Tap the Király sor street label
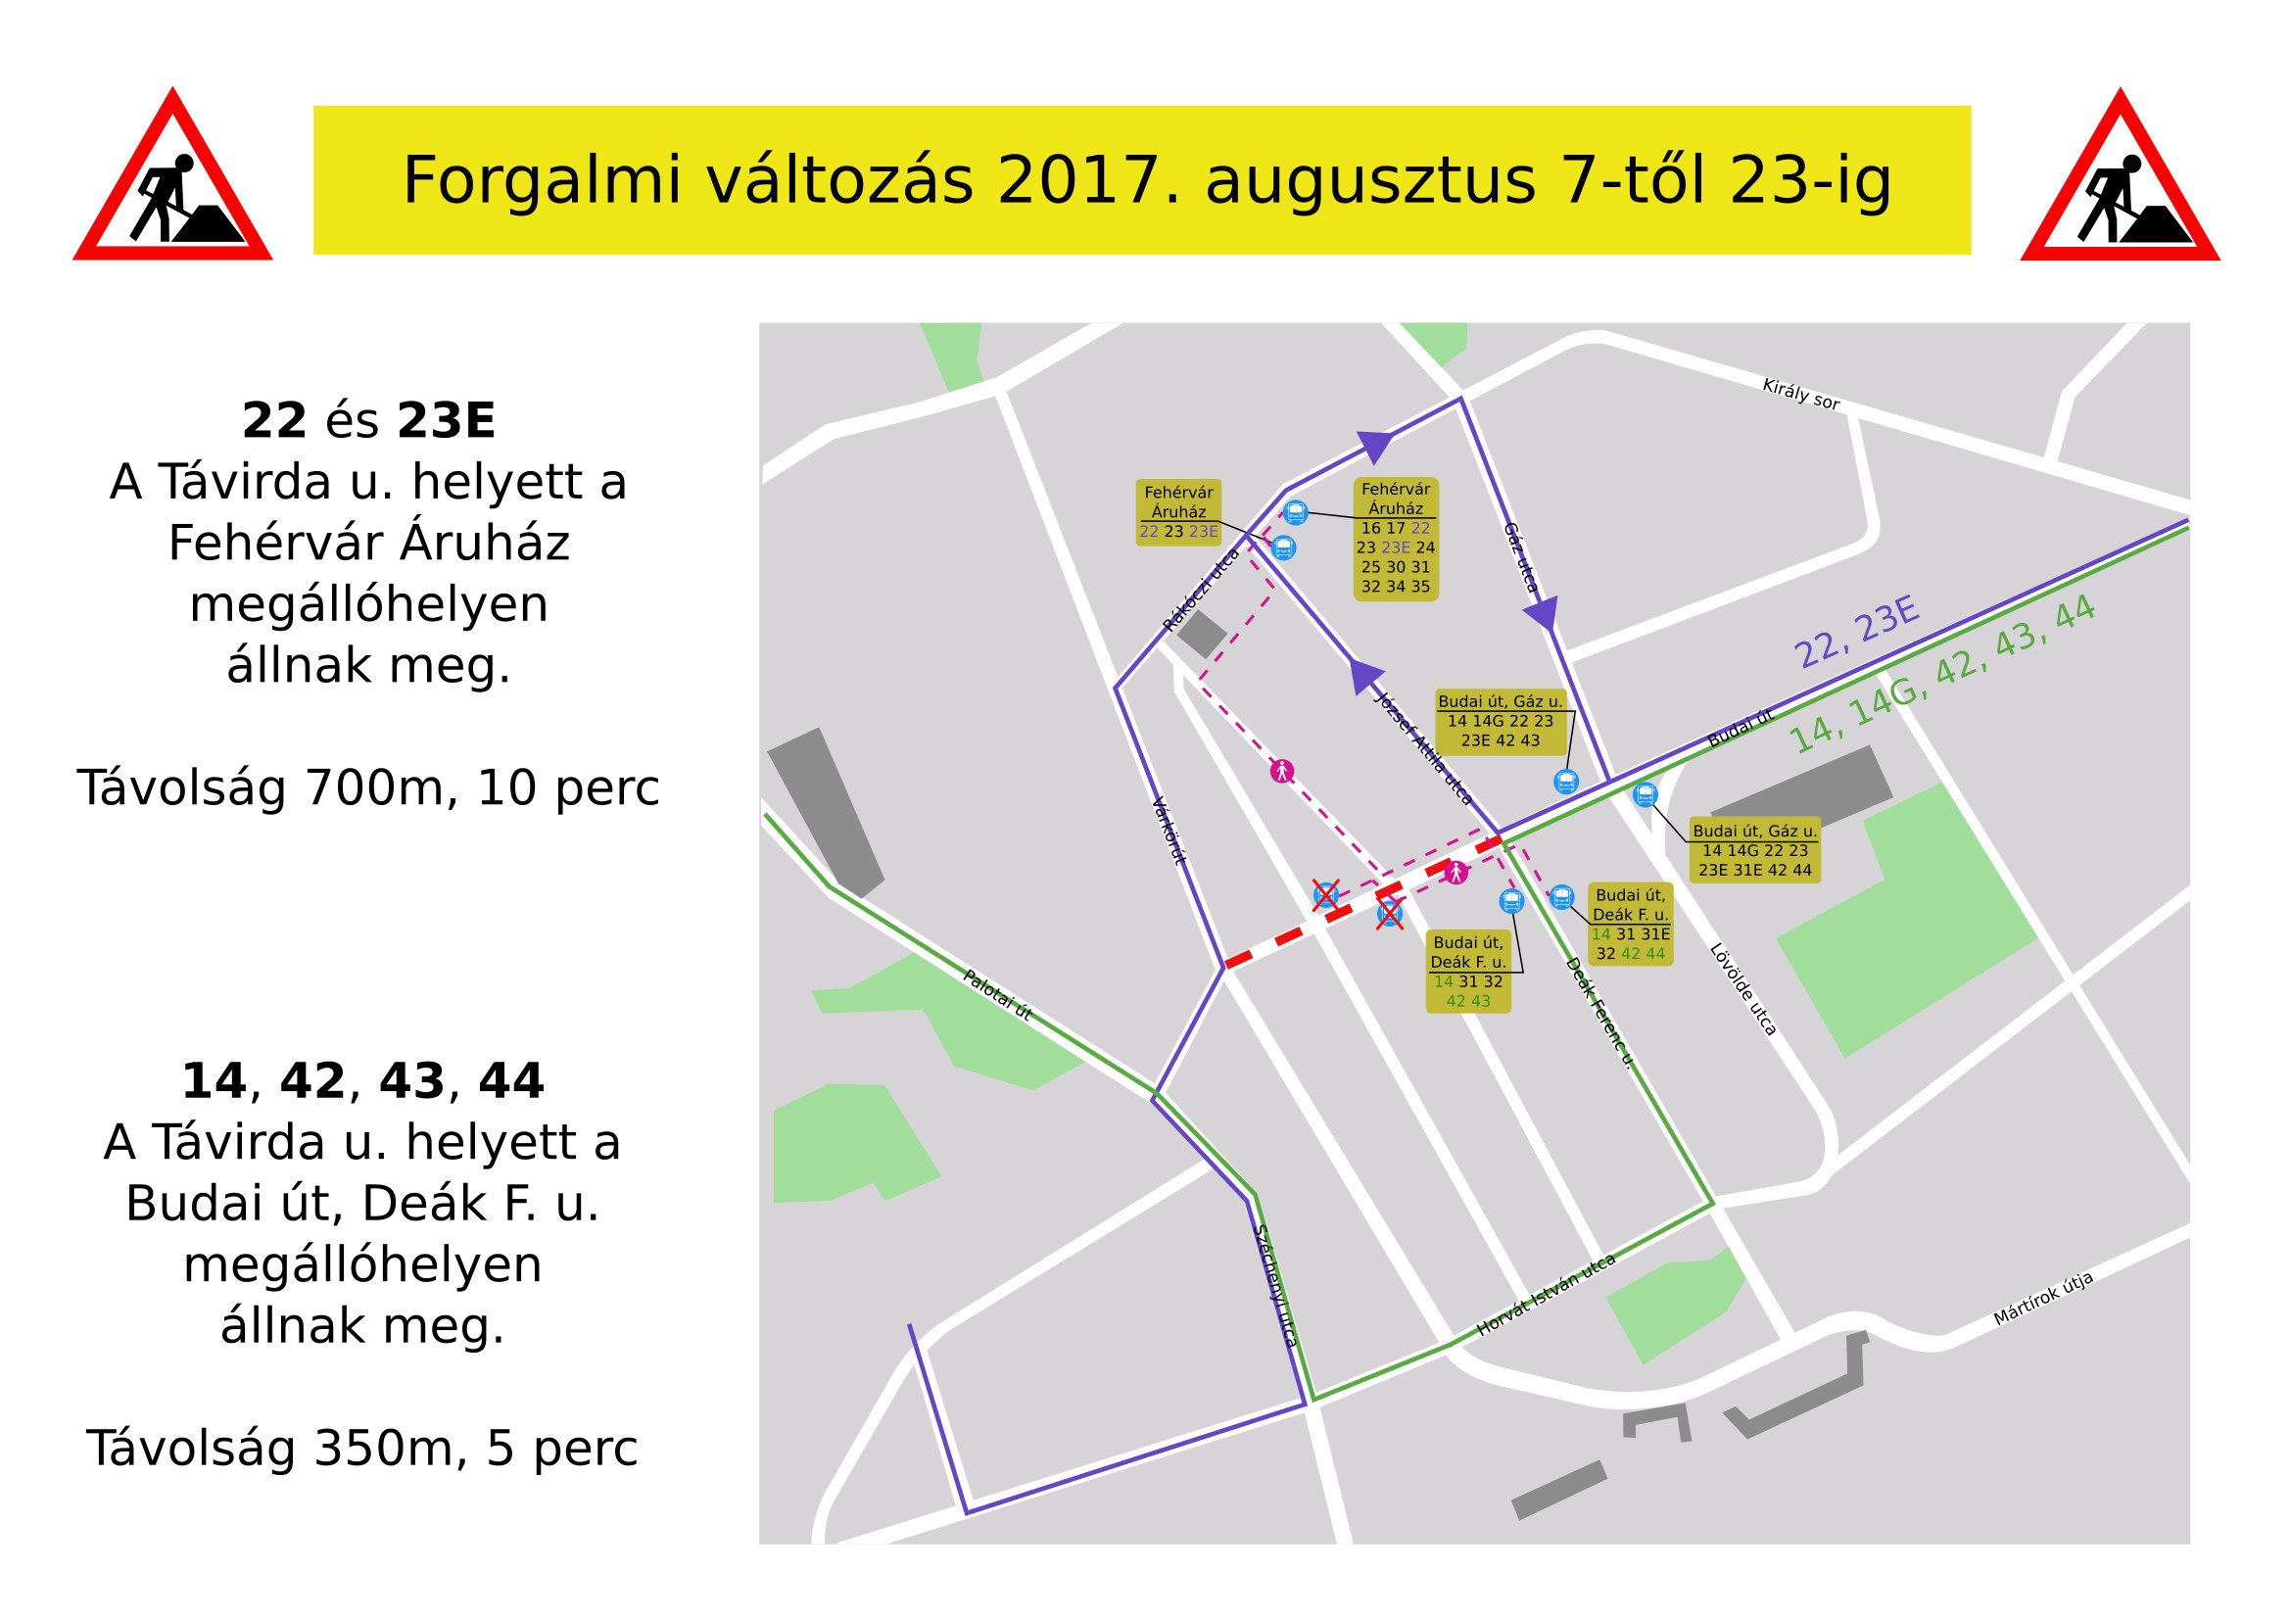pyautogui.click(x=1800, y=394)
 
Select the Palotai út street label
pyautogui.click(x=996, y=994)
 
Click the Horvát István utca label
pyautogui.click(x=1545, y=1295)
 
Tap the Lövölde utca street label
pyautogui.click(x=1742, y=989)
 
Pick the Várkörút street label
pyautogui.click(x=1169, y=830)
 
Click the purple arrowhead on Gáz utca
pyautogui.click(x=1542, y=612)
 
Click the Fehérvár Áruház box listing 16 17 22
pyautogui.click(x=1396, y=539)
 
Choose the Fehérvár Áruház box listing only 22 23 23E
pyautogui.click(x=1178, y=511)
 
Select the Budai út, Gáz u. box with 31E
pyautogui.click(x=1754, y=850)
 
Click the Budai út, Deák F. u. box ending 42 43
pyautogui.click(x=1467, y=972)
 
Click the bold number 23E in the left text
pyautogui.click(x=445, y=421)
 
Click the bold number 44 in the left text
pyautogui.click(x=510, y=1081)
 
